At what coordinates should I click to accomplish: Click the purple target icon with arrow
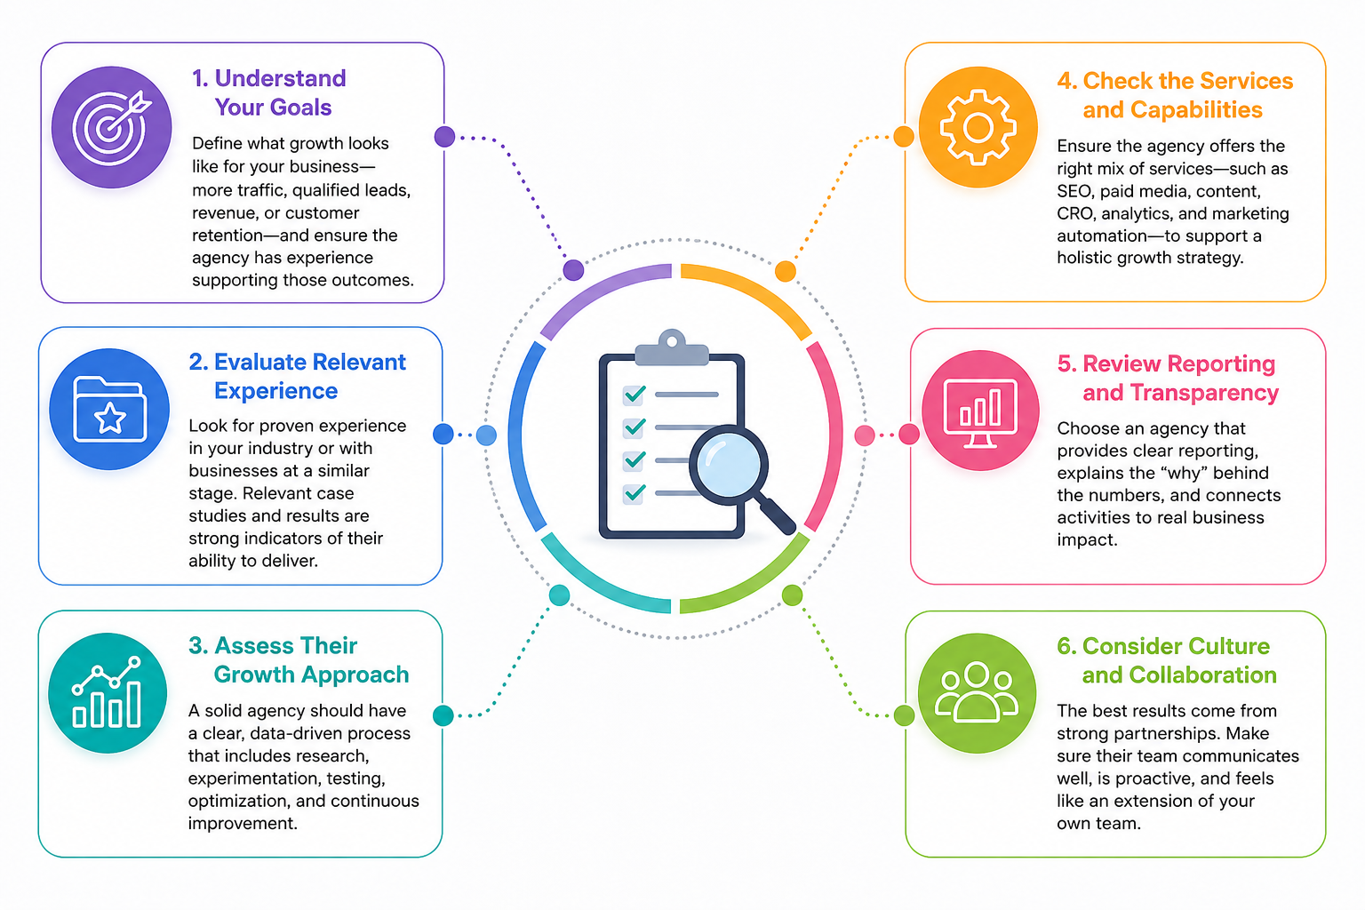112,127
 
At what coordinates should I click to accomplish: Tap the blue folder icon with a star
109,409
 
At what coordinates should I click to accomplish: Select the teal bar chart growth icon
108,692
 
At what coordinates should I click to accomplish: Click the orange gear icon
978,127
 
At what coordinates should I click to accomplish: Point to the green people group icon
977,692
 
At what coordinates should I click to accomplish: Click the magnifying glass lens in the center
728,465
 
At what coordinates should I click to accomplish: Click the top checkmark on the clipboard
635,395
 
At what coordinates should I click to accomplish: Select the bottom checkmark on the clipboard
635,492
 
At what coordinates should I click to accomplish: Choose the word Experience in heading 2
275,391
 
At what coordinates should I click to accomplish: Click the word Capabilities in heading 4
1196,109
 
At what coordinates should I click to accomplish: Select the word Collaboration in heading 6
1202,675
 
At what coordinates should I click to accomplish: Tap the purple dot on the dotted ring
573,269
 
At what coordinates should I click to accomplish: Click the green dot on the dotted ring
792,595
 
